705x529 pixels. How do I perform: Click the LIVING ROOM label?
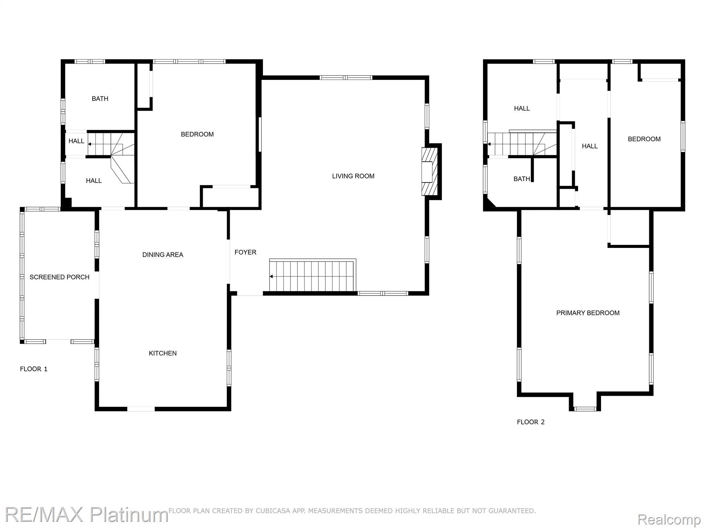point(353,176)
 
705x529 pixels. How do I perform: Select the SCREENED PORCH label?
point(60,277)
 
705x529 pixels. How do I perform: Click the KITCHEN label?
point(163,353)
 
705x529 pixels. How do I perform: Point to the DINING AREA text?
point(163,255)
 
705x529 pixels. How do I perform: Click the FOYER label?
point(245,252)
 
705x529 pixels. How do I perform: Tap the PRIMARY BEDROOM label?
point(588,313)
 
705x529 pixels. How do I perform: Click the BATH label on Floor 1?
point(100,99)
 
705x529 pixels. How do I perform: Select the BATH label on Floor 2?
point(522,179)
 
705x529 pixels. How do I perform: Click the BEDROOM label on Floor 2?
point(644,139)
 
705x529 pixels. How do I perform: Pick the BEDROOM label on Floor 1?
point(197,134)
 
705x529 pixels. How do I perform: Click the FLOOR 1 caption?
point(34,369)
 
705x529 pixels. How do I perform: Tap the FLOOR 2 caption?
point(531,422)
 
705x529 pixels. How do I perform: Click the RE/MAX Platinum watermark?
point(86,515)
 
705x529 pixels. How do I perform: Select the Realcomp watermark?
point(669,519)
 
